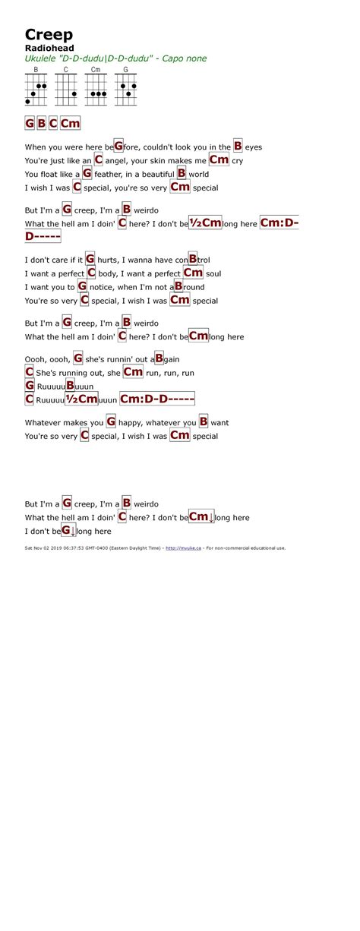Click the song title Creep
(49, 34)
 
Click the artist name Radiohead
(46, 48)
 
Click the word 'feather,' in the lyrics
(109, 174)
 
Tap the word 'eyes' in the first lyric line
(254, 147)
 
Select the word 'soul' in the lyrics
(213, 273)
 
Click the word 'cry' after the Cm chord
(237, 160)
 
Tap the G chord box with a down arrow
(68, 531)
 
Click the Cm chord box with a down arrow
(201, 517)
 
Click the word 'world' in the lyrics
(199, 174)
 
